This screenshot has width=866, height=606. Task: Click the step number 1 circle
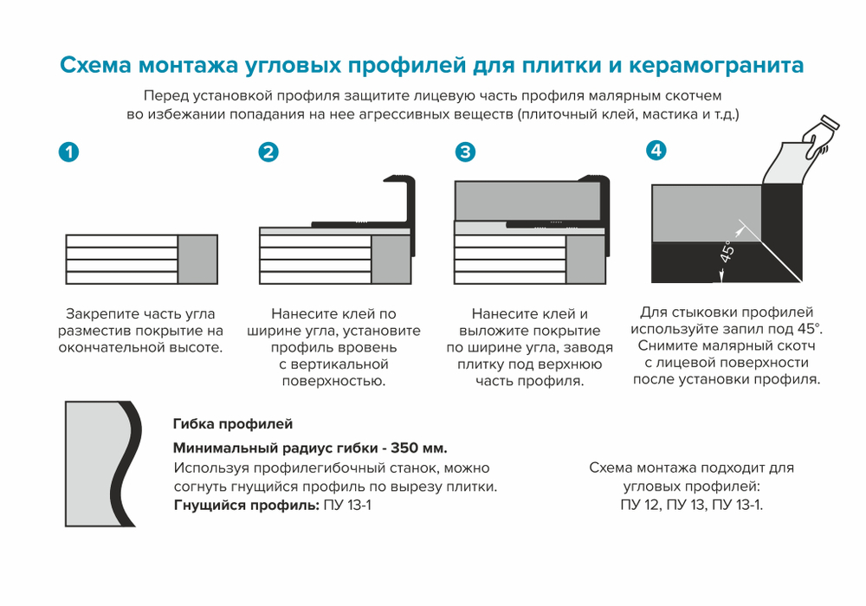point(68,152)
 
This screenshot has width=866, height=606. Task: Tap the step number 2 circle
point(268,152)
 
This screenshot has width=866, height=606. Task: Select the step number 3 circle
point(466,152)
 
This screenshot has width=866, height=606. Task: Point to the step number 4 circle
point(656,150)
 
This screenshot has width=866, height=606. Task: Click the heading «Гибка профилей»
point(233,424)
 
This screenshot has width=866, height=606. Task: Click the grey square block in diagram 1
point(197,259)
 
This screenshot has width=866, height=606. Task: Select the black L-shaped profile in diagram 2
point(407,203)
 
